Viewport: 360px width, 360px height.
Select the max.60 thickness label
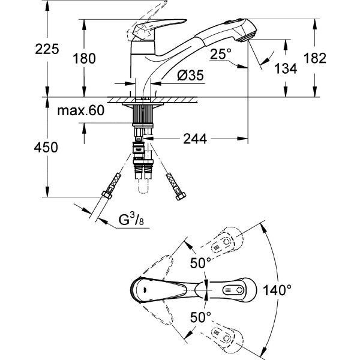tap(80, 111)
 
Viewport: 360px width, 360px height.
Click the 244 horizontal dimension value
tap(194, 139)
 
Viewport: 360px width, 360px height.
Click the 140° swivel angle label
tap(278, 291)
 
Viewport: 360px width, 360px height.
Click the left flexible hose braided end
tap(112, 187)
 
